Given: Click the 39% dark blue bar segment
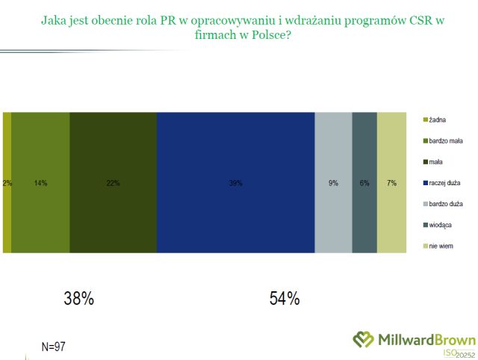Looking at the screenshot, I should click(x=235, y=182).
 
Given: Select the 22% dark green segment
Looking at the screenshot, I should click(x=113, y=182).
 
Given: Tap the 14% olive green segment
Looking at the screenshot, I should click(x=40, y=182).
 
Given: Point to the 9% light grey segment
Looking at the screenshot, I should click(x=333, y=182).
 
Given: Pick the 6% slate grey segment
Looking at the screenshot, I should click(x=364, y=182).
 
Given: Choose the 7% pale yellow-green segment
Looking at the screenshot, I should click(x=391, y=182).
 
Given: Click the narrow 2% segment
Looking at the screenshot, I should click(x=7, y=182).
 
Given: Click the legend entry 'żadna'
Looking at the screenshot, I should click(x=438, y=119).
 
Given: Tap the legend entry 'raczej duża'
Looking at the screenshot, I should click(x=444, y=182).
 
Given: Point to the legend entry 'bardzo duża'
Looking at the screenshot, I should click(x=445, y=203).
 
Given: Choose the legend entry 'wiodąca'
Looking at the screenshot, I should click(x=441, y=224).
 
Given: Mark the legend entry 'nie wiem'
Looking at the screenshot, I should click(x=441, y=246).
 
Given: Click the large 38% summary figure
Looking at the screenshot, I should click(x=78, y=299).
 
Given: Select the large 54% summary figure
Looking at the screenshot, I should click(x=285, y=299).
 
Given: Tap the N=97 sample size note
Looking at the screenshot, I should click(x=55, y=346).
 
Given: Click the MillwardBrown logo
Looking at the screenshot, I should click(x=415, y=339).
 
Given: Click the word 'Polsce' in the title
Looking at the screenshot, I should click(x=270, y=34).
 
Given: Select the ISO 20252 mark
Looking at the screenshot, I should click(x=459, y=353).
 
